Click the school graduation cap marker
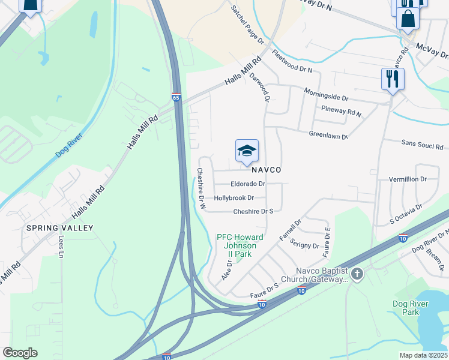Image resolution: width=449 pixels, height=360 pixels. [247, 151]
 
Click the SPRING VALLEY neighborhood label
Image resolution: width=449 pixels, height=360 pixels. [59, 228]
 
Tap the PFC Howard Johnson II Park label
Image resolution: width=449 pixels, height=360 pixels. [240, 245]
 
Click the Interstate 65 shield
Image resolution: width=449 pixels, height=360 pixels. [176, 97]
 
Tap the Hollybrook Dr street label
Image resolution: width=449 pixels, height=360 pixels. [234, 197]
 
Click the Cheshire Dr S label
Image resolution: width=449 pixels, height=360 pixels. [253, 211]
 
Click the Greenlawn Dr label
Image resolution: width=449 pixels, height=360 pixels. [328, 136]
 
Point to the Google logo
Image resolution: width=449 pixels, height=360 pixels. [20, 353]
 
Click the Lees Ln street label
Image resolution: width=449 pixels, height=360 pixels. [61, 244]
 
